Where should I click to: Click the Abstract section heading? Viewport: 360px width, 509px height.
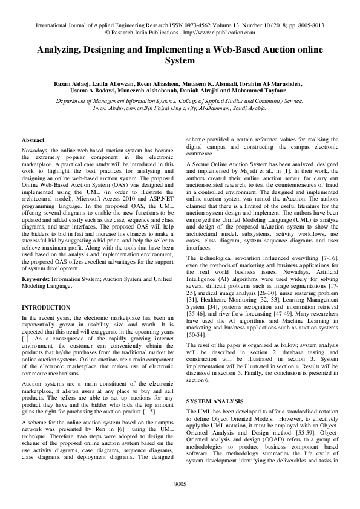32,140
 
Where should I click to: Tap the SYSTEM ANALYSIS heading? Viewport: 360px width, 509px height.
214,401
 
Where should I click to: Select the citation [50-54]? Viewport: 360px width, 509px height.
198,334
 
